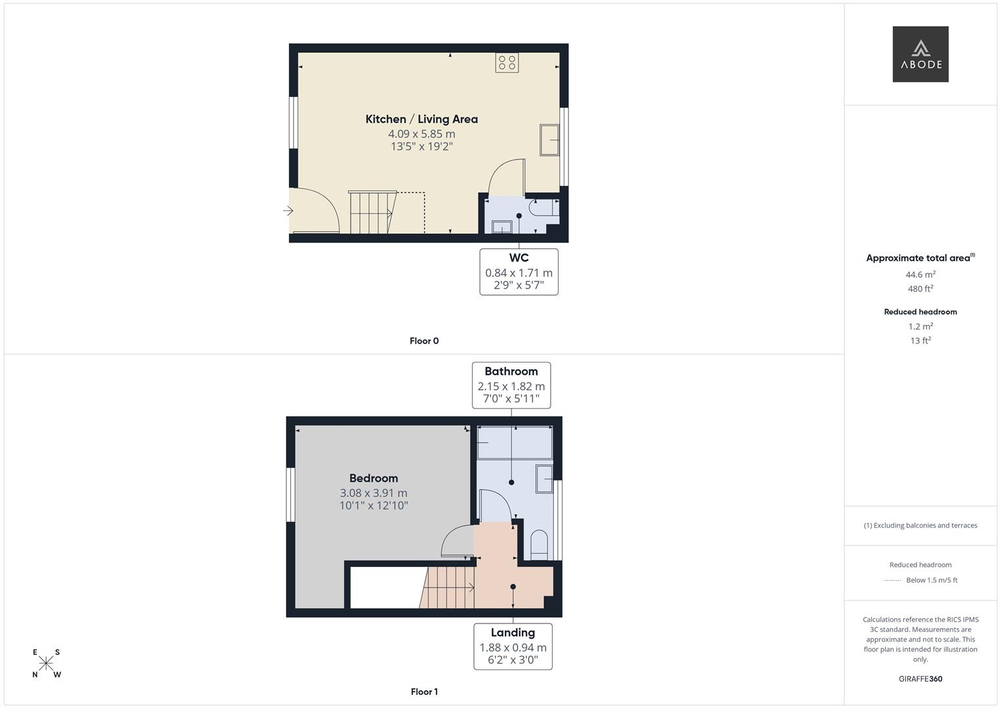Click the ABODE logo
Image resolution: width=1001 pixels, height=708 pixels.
click(x=920, y=54)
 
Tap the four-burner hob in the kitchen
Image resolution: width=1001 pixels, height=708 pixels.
click(x=507, y=63)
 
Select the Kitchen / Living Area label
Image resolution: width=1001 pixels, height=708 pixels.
click(x=422, y=119)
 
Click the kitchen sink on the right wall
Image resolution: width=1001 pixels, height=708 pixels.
click(x=549, y=140)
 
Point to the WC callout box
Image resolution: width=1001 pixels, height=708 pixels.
click(x=519, y=271)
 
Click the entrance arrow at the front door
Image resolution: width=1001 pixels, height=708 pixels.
click(x=288, y=210)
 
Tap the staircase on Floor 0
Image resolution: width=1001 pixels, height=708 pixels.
click(x=371, y=212)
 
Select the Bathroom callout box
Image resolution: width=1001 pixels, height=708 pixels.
click(x=511, y=385)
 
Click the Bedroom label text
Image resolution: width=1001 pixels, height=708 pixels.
click(x=374, y=479)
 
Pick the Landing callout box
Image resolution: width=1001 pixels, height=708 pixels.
click(x=513, y=646)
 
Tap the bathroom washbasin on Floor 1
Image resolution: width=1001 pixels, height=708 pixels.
click(x=545, y=479)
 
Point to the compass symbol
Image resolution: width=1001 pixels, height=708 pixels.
click(x=46, y=663)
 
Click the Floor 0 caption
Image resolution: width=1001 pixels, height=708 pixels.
click(x=424, y=341)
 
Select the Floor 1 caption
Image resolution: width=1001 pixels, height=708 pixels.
click(x=424, y=692)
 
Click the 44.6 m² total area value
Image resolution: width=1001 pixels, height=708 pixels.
click(x=920, y=275)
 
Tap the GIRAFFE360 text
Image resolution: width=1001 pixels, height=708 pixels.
click(x=920, y=679)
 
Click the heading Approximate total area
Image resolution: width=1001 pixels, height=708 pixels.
click(x=918, y=258)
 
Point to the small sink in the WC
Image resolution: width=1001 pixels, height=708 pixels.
click(x=502, y=227)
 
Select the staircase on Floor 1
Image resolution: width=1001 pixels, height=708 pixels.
click(x=450, y=587)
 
